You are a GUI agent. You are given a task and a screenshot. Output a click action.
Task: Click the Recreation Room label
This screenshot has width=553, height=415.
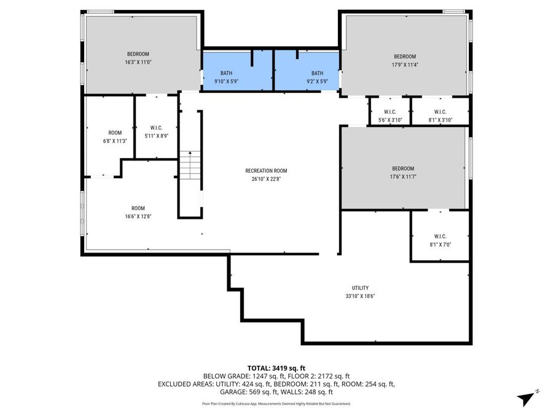pos(265,171)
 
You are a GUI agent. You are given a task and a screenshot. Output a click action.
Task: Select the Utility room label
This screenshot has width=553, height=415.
pos(360,288)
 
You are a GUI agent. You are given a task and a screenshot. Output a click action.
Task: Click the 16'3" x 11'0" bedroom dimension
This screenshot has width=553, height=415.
pos(138,62)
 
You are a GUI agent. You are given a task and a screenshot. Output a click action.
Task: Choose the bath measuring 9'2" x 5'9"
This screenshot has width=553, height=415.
pos(316,81)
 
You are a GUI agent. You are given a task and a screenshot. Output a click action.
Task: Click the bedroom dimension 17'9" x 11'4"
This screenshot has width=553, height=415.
pos(404,65)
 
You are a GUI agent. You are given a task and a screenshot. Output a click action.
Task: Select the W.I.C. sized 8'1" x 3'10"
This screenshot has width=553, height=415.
pos(440,116)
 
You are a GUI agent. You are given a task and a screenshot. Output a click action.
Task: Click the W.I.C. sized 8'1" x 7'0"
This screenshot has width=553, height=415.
pos(440,240)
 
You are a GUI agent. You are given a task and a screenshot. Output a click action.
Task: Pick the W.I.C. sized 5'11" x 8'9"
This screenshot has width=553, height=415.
pos(155,132)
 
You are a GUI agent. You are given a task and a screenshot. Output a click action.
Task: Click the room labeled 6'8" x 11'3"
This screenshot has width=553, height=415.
pos(115,136)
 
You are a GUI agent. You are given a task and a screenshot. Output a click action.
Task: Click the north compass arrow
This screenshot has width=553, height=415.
pos(525,397)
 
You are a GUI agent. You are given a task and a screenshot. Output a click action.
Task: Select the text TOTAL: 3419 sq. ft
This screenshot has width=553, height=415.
pos(276,367)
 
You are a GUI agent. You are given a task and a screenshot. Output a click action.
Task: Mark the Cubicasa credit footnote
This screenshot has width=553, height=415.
pos(276,404)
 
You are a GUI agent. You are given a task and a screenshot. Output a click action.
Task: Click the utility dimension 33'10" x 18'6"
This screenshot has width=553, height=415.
pos(360,296)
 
